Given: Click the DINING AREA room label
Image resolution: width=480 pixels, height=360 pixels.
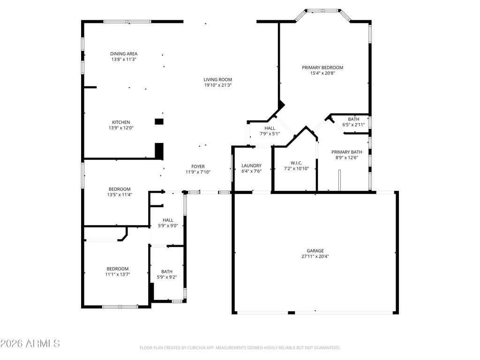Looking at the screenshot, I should coord(124,53).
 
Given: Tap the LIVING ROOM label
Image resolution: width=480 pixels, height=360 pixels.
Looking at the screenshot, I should coord(217,79).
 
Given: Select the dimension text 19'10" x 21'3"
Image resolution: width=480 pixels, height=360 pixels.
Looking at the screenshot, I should coord(217,85).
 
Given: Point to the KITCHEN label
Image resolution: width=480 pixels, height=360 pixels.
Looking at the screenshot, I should coord(120,122).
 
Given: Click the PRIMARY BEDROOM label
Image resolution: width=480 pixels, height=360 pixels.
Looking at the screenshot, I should coord(322,67).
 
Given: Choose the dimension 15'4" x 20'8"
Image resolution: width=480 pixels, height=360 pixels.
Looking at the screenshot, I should coord(322,73).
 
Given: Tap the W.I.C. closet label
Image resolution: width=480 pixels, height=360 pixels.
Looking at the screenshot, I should coord(296,163).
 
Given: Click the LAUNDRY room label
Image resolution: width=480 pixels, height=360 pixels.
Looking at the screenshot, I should coord(251,165).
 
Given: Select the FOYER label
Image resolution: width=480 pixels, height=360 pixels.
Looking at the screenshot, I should coord(198,166).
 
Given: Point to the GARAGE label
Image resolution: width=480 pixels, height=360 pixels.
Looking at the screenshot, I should coord(315,250).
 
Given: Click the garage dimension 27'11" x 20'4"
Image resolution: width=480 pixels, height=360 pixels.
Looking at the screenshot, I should coord(315,256).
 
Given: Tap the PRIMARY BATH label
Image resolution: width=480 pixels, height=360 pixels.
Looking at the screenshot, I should coord(347,151).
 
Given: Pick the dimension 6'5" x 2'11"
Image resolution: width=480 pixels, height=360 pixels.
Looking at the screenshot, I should coord(354,125).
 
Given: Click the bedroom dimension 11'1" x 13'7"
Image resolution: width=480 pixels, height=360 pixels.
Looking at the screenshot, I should coord(117,274).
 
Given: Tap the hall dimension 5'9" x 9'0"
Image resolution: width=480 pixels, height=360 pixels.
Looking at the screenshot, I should coord(168,225).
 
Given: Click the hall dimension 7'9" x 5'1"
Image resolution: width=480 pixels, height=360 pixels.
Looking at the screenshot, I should coord(270,134).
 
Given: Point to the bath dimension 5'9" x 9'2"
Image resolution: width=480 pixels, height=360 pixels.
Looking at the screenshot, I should coord(166,277).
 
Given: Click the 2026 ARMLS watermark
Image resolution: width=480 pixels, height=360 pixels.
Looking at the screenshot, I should coord(30,344).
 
